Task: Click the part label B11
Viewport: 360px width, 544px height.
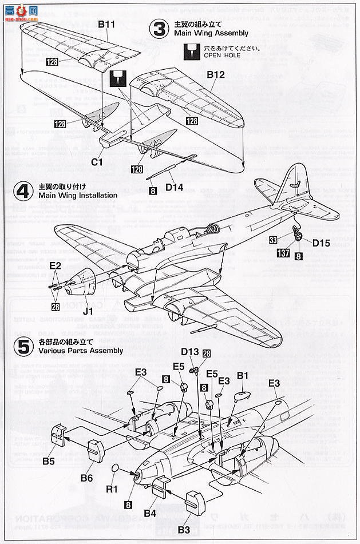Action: click(x=106, y=24)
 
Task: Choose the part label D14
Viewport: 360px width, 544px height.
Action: click(x=173, y=188)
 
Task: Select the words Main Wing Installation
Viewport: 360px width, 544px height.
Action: click(x=78, y=195)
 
